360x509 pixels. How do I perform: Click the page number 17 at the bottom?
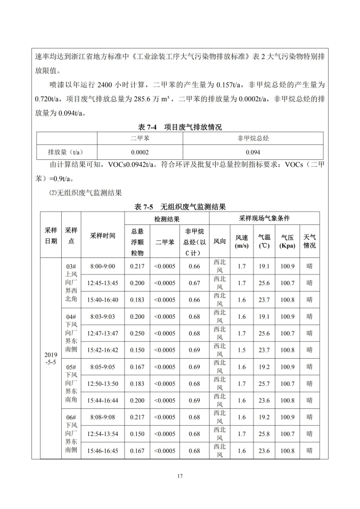point(180,476)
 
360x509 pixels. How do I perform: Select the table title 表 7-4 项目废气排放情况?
point(179,127)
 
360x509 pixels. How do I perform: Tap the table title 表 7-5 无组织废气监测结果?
point(180,206)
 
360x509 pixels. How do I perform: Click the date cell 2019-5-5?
point(51,358)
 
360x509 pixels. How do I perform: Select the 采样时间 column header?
point(103,235)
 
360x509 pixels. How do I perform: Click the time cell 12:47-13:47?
point(103,333)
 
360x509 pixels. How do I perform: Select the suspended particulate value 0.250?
point(137,333)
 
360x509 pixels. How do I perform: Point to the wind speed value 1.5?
point(242,350)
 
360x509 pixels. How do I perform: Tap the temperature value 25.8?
point(264,434)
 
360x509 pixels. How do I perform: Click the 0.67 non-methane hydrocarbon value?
point(194,282)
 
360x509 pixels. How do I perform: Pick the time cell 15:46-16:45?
point(103,451)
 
